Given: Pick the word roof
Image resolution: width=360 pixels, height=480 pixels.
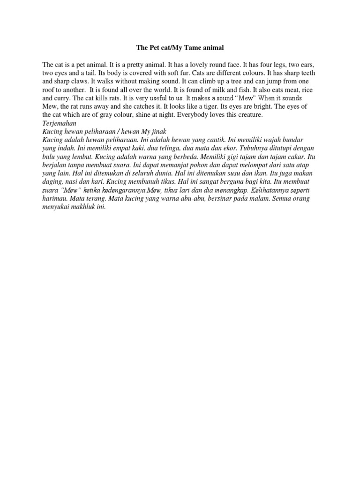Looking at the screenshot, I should (48, 90).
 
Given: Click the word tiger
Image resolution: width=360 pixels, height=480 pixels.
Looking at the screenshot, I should (215, 106).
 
